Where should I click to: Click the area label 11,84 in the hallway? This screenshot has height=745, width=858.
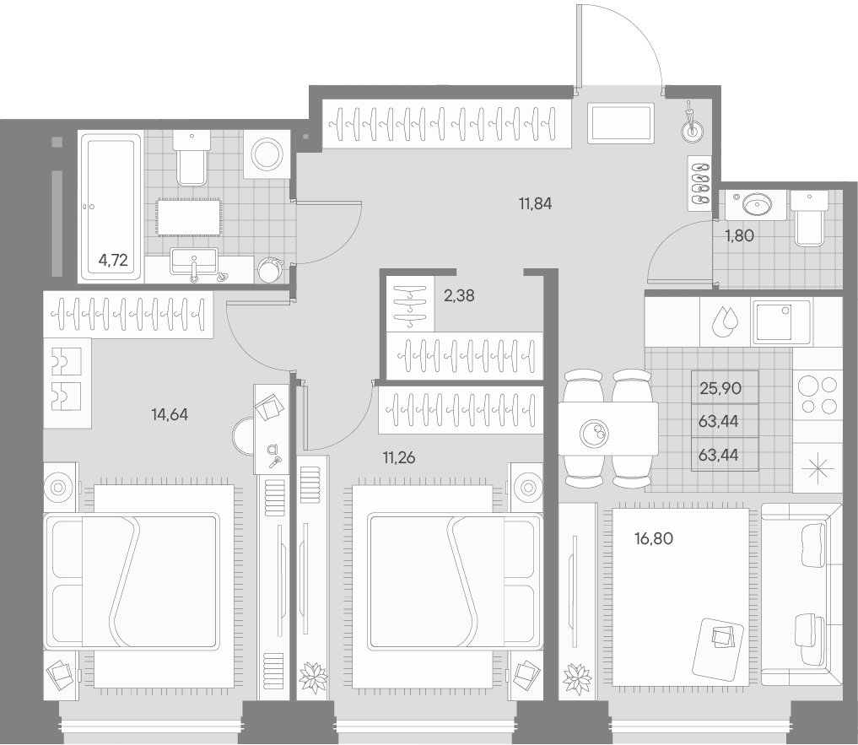pyautogui.click(x=535, y=202)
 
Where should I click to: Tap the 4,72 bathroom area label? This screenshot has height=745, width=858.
pyautogui.click(x=113, y=260)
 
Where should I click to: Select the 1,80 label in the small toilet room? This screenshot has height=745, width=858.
pyautogui.click(x=739, y=236)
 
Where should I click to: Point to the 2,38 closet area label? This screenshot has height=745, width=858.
pyautogui.click(x=460, y=295)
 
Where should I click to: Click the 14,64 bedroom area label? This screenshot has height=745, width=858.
pyautogui.click(x=169, y=413)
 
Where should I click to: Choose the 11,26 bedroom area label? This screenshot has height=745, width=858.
pyautogui.click(x=399, y=458)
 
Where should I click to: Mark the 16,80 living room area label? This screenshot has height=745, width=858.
pyautogui.click(x=654, y=537)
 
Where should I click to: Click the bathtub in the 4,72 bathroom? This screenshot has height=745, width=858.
pyautogui.click(x=111, y=205)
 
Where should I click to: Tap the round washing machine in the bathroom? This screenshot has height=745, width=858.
pyautogui.click(x=267, y=154)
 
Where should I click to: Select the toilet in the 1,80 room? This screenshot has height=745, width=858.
pyautogui.click(x=808, y=219)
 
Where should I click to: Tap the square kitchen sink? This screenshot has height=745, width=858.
pyautogui.click(x=781, y=321)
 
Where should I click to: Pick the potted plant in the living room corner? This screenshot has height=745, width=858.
pyautogui.click(x=579, y=678)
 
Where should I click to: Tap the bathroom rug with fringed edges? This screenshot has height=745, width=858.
pyautogui.click(x=188, y=218)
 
